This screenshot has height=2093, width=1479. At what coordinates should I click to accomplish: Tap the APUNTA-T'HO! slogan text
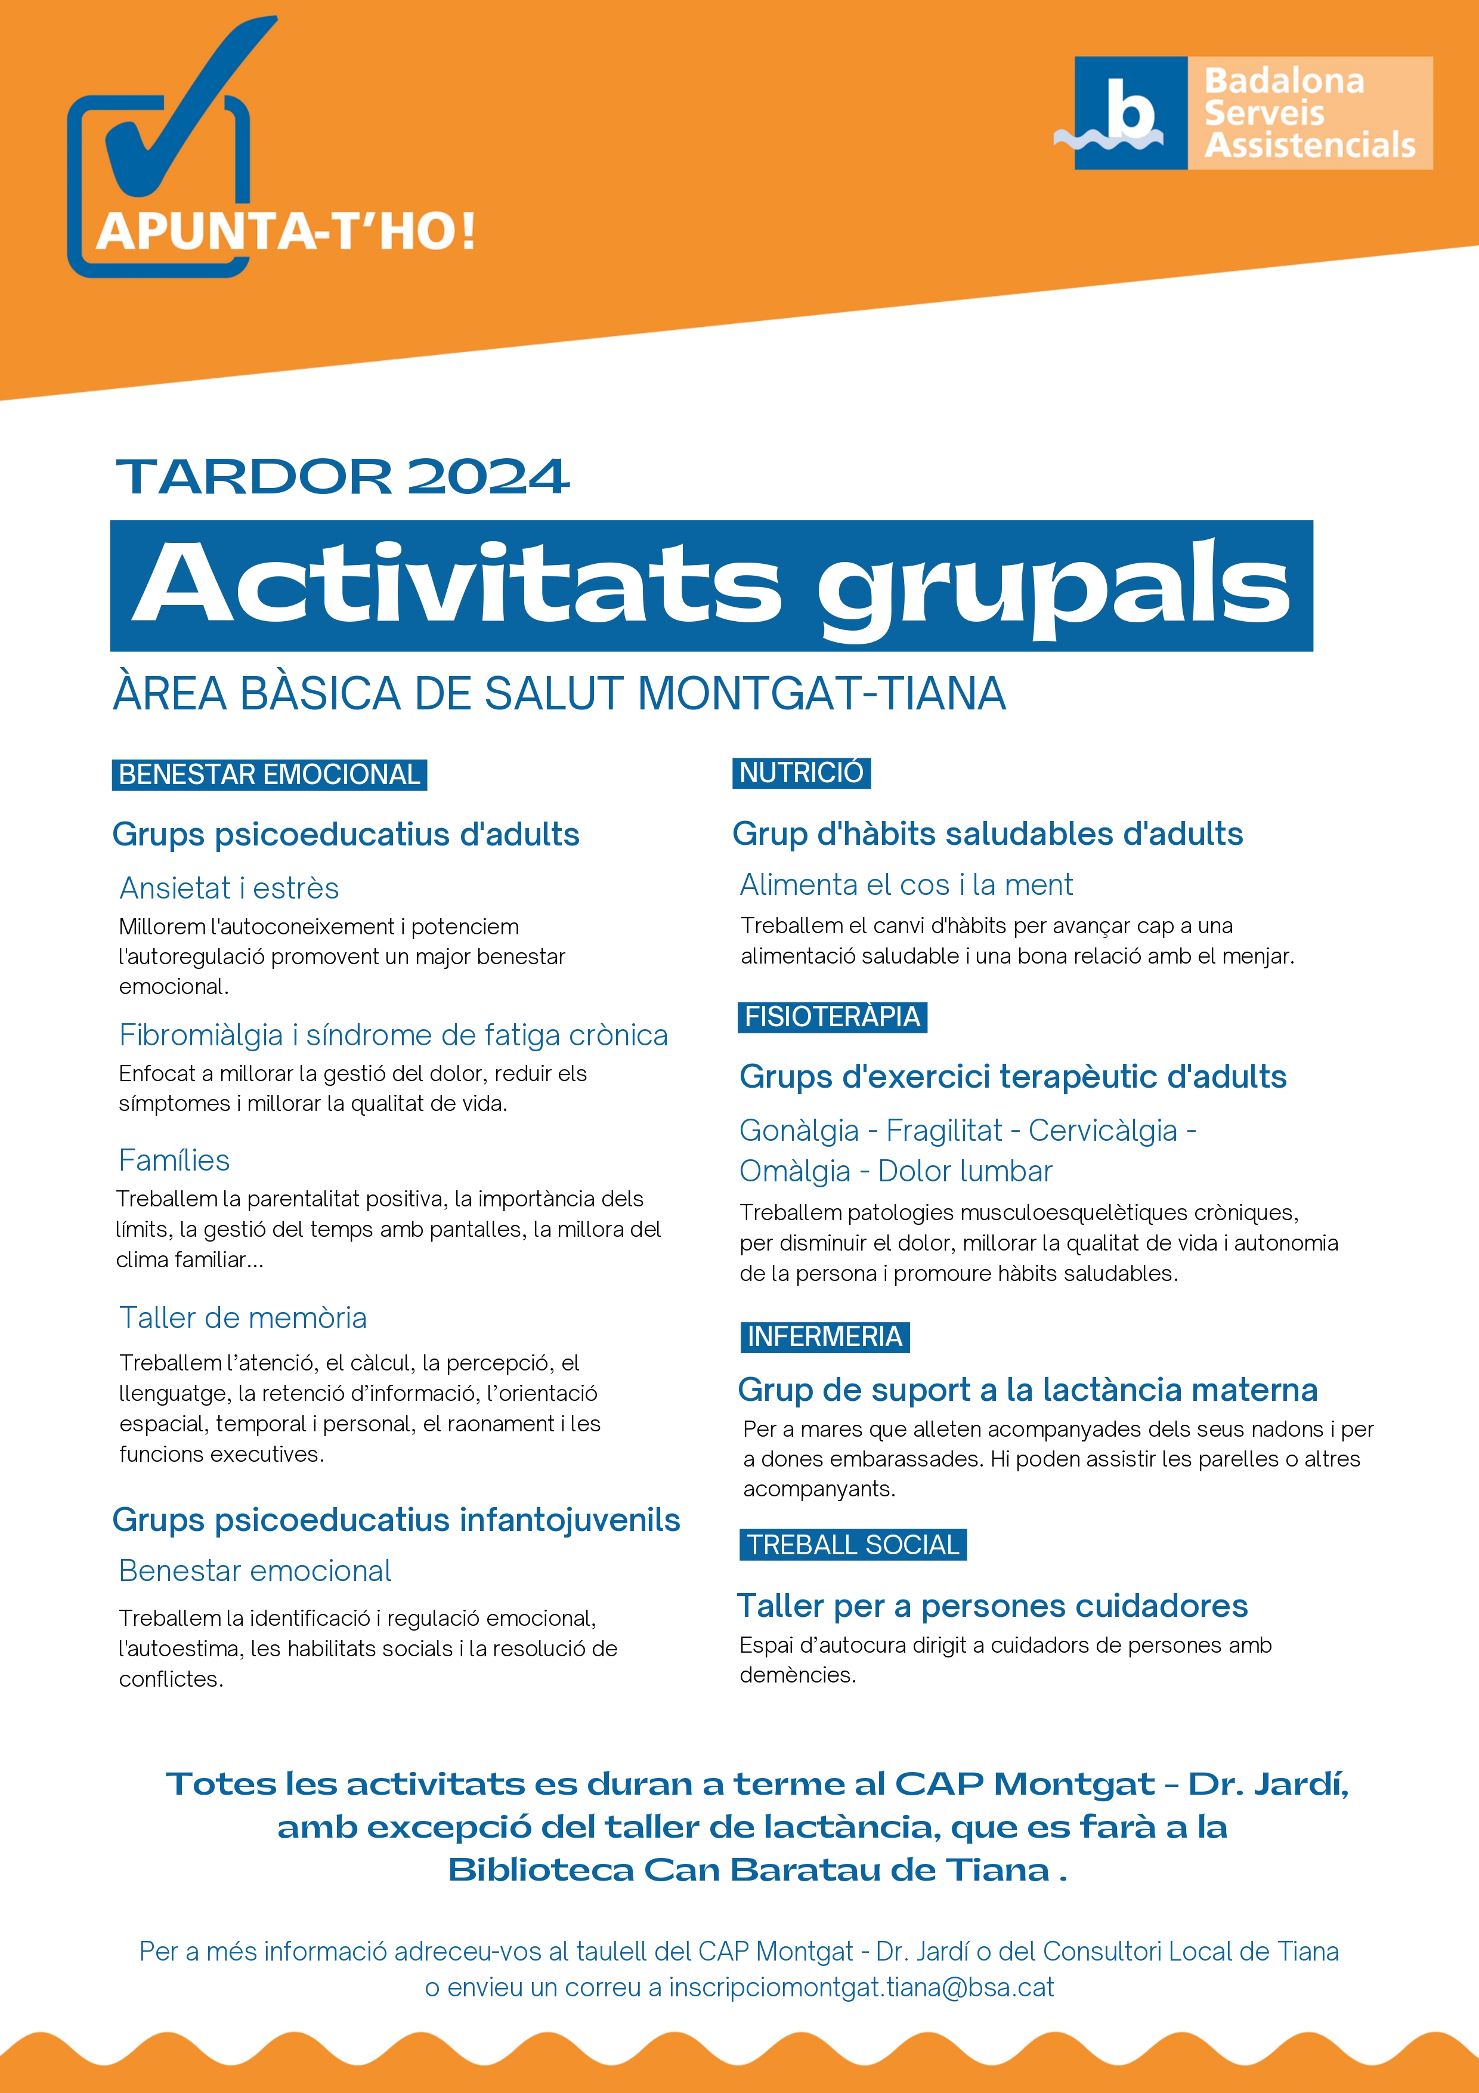(285, 231)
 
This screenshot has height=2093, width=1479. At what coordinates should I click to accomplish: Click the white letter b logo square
(1130, 113)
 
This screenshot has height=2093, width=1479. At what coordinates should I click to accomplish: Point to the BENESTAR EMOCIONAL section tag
(269, 775)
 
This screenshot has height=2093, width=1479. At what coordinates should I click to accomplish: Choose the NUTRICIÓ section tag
(801, 773)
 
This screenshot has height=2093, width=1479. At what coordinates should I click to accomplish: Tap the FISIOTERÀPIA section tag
(832, 1017)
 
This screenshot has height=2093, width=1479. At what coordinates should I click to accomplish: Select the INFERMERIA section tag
(825, 1336)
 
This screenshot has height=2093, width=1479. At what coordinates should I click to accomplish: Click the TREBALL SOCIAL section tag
(853, 1544)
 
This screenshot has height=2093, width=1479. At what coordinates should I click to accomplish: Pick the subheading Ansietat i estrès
(229, 888)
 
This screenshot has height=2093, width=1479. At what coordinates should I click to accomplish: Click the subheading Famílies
(174, 1160)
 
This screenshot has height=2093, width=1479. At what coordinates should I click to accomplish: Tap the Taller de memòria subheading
(243, 1317)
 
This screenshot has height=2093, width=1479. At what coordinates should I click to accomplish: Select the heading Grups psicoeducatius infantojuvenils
(395, 1520)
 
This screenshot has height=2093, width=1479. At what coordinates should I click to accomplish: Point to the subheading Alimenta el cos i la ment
(906, 884)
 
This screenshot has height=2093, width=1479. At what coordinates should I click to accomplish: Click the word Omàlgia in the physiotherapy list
(794, 1171)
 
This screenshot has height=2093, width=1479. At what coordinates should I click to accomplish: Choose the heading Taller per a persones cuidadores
(992, 1606)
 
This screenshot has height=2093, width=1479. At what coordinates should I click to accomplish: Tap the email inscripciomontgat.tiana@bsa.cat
(861, 1987)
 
